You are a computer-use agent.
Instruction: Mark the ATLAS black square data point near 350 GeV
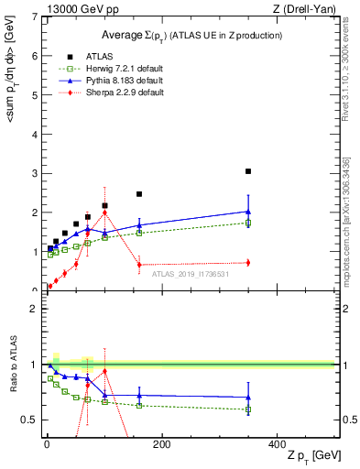pyautogui.click(x=247, y=171)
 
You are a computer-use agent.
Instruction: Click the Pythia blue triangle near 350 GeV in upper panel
pyautogui.click(x=247, y=212)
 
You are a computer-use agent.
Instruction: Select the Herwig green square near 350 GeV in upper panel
pyautogui.click(x=247, y=223)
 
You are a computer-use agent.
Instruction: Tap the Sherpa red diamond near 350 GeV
pyautogui.click(x=247, y=263)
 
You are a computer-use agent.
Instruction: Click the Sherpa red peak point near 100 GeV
pyautogui.click(x=104, y=213)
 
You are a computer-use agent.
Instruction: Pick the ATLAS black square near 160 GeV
pyautogui.click(x=139, y=194)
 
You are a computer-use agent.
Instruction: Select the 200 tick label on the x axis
pyautogui.click(x=161, y=444)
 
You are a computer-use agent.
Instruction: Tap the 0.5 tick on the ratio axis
pyautogui.click(x=28, y=420)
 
